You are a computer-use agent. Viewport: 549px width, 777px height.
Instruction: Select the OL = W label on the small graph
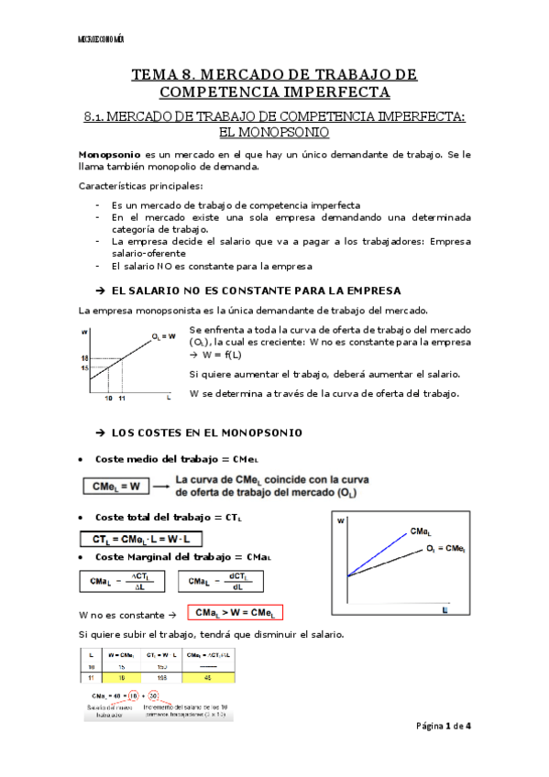coord(164,335)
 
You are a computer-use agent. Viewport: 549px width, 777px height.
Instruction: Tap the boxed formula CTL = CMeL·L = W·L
coord(143,539)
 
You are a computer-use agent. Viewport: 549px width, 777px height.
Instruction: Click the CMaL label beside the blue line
coord(422,531)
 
